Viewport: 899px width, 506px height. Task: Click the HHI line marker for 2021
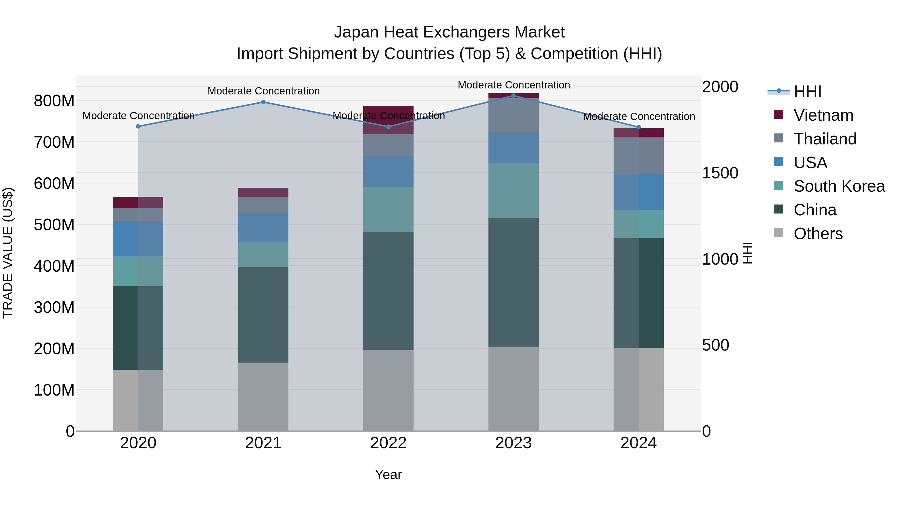[263, 102]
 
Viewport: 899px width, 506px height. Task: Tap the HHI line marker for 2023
[513, 95]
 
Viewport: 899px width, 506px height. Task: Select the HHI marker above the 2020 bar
[138, 126]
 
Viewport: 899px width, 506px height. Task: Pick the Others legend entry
[818, 234]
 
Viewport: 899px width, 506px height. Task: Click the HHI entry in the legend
[807, 91]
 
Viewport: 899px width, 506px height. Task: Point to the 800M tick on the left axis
[54, 101]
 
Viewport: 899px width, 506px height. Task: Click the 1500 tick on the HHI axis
[720, 173]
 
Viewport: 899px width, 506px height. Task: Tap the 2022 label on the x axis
[388, 443]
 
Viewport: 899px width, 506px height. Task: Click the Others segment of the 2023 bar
[513, 388]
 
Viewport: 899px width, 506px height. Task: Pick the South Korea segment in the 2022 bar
[388, 209]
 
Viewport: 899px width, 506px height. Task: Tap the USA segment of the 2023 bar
[513, 148]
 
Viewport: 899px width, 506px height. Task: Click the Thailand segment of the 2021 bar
[263, 205]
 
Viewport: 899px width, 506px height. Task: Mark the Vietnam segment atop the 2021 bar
[263, 192]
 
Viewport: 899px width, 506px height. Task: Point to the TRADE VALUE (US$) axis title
[8, 253]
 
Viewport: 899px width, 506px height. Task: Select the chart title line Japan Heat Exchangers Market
[449, 32]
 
